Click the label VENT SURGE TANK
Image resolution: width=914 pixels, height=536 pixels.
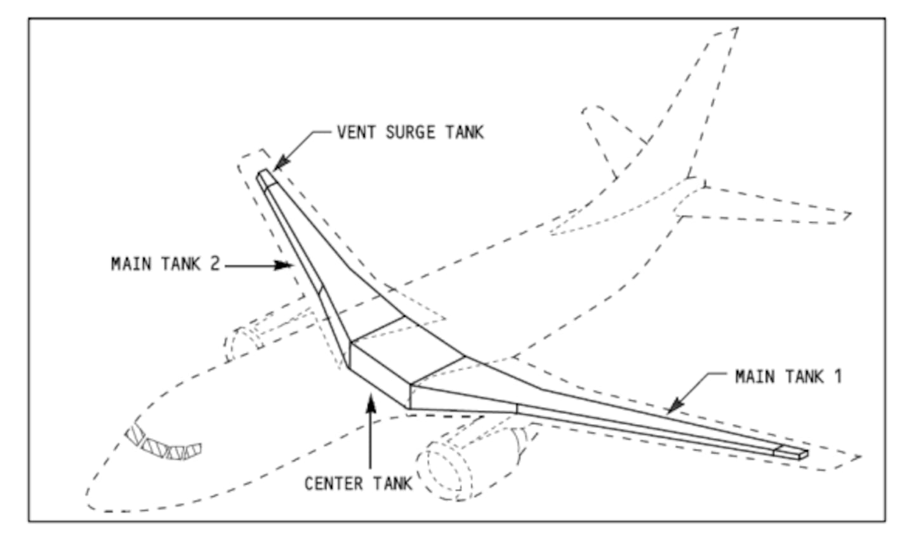tap(410, 132)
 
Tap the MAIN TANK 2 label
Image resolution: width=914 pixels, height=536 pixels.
tap(165, 264)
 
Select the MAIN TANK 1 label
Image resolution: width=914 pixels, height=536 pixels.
tap(788, 377)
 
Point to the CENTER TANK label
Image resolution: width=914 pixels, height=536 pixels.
tap(358, 483)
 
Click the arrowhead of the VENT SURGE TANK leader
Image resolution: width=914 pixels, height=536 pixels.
tap(280, 164)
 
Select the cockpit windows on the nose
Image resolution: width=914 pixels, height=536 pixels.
tap(163, 444)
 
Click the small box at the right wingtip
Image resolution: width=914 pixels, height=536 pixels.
tap(791, 452)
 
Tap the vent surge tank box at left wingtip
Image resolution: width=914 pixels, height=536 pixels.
tap(266, 178)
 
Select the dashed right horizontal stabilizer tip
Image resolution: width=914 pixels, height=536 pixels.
tap(846, 217)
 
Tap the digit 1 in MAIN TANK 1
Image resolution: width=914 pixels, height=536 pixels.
tap(838, 377)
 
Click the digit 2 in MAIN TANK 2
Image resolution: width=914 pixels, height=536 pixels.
tap(215, 264)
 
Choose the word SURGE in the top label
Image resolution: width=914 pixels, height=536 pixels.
tap(410, 132)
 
